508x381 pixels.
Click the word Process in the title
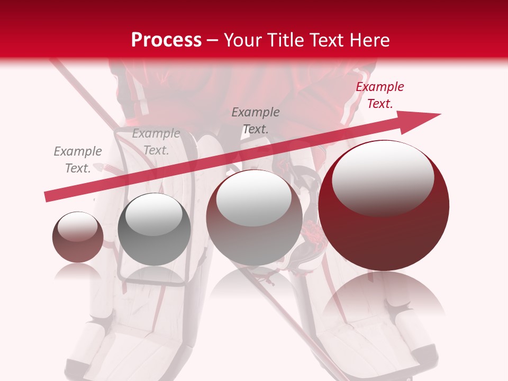166,40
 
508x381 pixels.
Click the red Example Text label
379,95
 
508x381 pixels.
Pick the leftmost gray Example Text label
78,160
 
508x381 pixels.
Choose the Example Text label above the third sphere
256,120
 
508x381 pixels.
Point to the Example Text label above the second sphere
156,142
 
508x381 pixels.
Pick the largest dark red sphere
384,233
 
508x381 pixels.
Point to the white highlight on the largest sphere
383,177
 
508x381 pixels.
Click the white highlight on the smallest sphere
77,226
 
